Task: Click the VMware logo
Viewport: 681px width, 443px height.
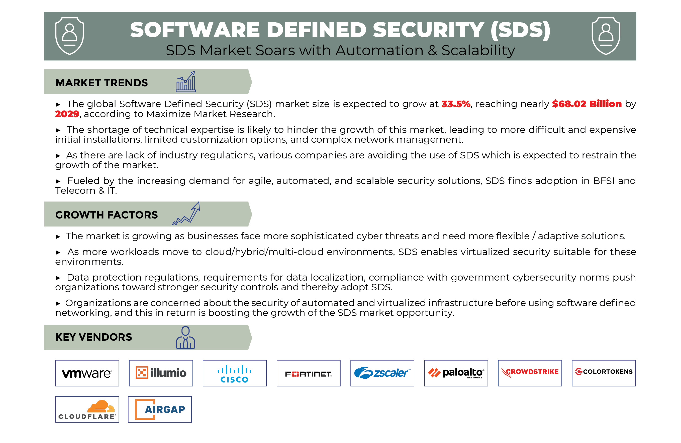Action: point(87,373)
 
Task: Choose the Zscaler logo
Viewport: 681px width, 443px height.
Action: point(382,373)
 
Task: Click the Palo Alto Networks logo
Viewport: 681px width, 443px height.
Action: point(456,373)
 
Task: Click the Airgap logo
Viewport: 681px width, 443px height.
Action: point(160,409)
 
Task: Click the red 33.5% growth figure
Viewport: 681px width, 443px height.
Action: point(456,104)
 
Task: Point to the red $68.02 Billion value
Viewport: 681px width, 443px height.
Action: point(587,104)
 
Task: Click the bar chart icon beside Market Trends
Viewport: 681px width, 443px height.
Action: point(186,82)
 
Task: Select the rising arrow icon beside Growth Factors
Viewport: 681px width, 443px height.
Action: point(186,213)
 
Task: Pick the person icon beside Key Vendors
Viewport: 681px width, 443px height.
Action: point(185,338)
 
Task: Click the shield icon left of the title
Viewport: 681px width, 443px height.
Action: point(69,36)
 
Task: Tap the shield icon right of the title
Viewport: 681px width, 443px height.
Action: point(606,36)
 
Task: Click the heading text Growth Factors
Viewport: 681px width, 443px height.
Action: point(107,215)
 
